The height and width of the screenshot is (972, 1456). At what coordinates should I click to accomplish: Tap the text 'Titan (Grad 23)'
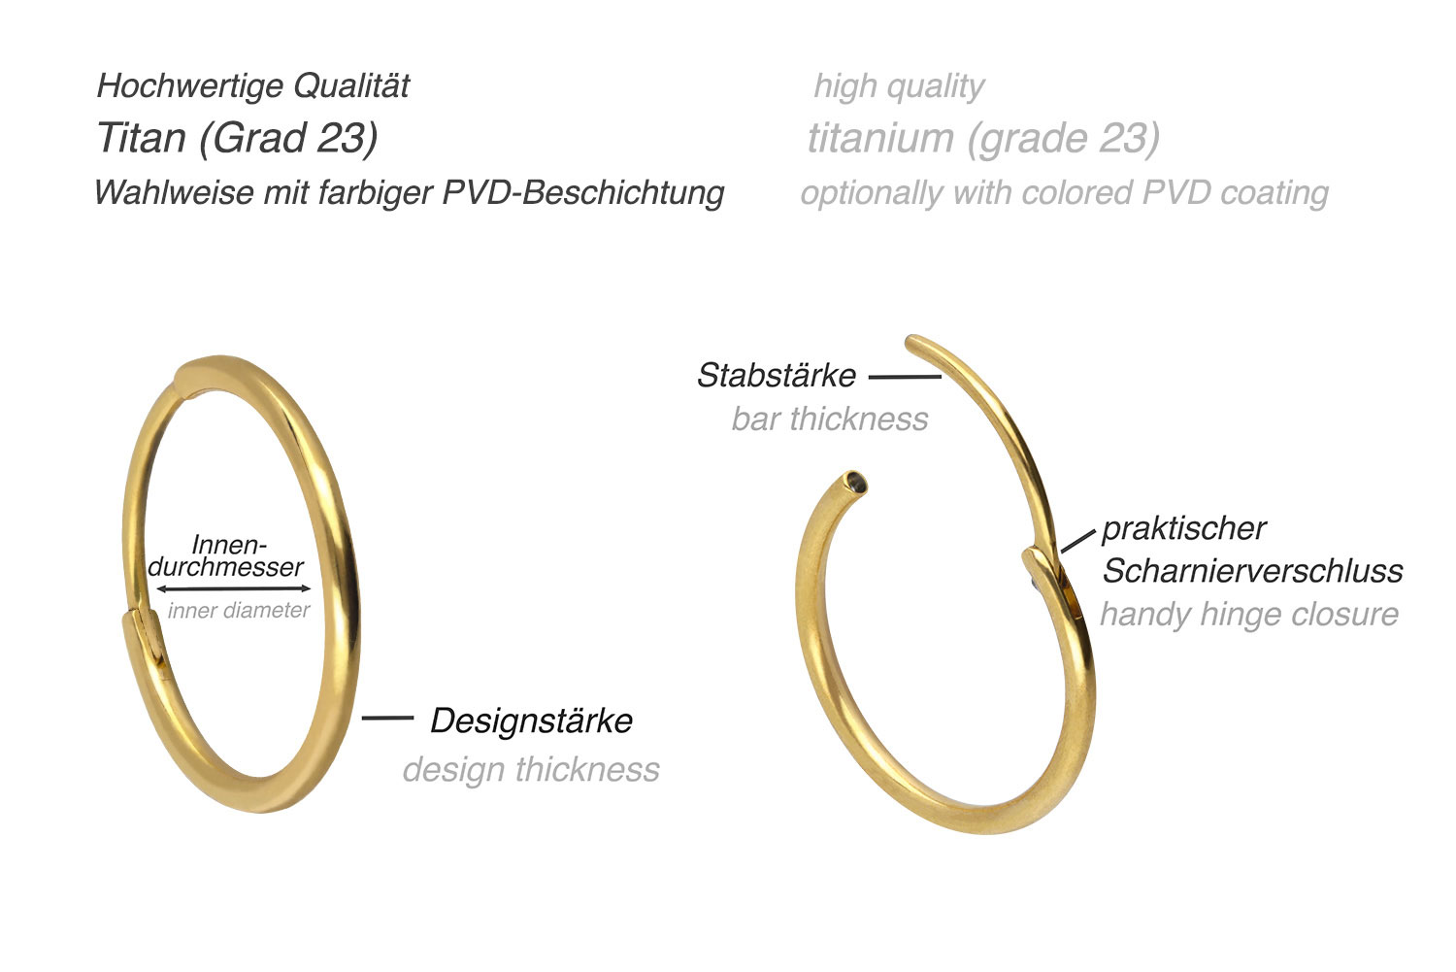point(237,139)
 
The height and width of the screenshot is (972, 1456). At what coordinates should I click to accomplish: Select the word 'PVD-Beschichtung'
point(583,193)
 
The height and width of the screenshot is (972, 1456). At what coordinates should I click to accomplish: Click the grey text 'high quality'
point(899,87)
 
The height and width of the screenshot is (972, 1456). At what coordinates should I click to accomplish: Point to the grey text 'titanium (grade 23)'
point(983,139)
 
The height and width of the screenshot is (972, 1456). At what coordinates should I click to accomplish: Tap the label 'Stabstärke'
point(777,375)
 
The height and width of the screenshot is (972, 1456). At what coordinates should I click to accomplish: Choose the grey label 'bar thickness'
point(830,419)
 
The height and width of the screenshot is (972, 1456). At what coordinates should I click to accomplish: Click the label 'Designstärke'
point(532,721)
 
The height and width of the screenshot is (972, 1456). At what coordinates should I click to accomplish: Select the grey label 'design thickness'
point(531,770)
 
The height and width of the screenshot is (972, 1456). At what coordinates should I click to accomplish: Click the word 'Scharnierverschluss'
point(1252,571)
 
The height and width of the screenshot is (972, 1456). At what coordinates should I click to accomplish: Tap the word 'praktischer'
point(1184,528)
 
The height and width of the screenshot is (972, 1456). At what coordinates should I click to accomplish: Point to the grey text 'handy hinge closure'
point(1249,614)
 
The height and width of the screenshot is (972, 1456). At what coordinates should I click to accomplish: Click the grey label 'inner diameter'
point(239,611)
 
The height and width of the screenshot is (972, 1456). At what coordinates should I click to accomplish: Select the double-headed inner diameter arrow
point(233,589)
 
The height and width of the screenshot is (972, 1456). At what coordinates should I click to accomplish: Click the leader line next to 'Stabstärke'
point(905,377)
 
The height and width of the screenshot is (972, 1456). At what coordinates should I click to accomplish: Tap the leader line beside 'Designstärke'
point(387,718)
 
